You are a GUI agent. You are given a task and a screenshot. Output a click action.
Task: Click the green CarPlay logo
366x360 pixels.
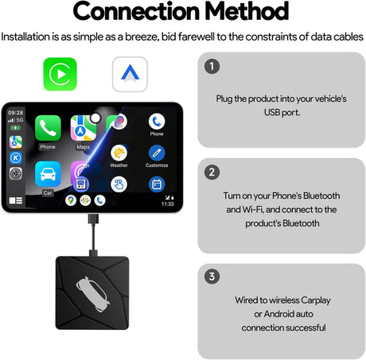click(60, 74)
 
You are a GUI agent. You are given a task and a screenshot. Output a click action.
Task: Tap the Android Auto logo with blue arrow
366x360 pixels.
click(130, 74)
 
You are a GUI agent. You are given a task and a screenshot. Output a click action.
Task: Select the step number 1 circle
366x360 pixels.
click(212, 66)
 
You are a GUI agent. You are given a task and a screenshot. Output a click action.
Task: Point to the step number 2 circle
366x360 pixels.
click(212, 172)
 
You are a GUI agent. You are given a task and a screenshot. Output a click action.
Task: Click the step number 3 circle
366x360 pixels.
click(212, 277)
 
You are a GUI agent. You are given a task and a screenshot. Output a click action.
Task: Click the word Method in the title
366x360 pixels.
click(247, 11)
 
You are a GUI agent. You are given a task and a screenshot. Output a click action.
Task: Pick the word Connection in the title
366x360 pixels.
click(136, 11)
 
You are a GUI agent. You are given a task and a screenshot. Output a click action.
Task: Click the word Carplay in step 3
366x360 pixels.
click(316, 300)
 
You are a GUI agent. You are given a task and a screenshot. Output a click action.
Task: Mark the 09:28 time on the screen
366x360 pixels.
click(15, 113)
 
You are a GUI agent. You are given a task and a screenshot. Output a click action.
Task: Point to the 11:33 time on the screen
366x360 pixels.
click(168, 203)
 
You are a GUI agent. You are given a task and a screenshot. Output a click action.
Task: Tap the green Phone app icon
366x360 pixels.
click(48, 128)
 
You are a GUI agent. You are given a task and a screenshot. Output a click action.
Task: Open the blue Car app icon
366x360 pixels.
click(48, 174)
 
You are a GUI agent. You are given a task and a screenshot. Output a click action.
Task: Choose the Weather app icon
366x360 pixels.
click(119, 153)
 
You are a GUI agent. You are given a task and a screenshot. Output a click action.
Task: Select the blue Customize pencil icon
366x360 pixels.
click(157, 153)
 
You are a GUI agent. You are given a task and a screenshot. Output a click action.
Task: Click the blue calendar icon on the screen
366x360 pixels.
click(157, 184)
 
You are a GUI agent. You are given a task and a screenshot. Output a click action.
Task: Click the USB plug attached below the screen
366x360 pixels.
click(93, 219)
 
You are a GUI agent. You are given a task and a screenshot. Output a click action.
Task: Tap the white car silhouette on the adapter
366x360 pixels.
click(92, 294)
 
